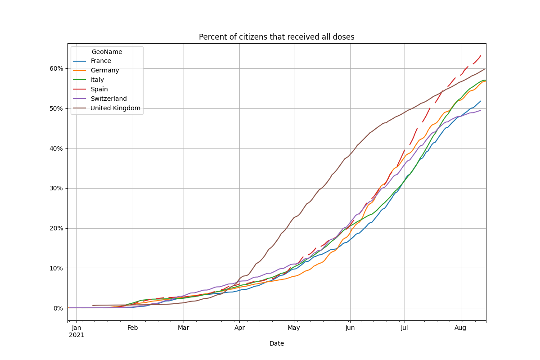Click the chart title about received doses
click(x=276, y=37)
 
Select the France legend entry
click(x=101, y=61)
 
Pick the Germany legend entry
click(x=105, y=70)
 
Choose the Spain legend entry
click(x=99, y=89)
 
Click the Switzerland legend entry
click(x=108, y=99)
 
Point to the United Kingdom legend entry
click(x=115, y=108)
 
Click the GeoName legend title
click(x=107, y=52)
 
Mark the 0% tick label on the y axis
click(x=58, y=308)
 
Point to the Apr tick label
click(x=239, y=328)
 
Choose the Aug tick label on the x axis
click(x=460, y=328)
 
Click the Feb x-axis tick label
click(x=132, y=328)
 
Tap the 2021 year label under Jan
click(x=76, y=335)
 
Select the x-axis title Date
click(x=276, y=343)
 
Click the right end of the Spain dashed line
click(x=481, y=55)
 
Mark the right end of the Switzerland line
click(x=481, y=110)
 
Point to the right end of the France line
click(x=481, y=101)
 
